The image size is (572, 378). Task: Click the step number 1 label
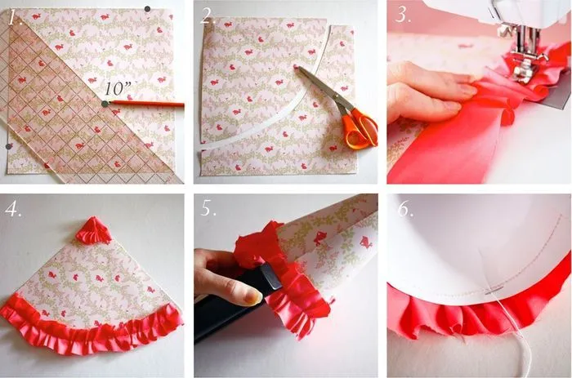[x=15, y=17]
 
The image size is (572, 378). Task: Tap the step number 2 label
[x=208, y=17]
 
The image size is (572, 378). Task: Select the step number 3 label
[x=402, y=16]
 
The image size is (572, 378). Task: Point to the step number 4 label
[x=12, y=209]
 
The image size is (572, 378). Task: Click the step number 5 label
[x=208, y=208]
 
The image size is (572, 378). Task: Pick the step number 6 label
[x=405, y=208]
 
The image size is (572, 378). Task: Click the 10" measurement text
[x=118, y=88]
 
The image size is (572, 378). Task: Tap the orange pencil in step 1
[x=145, y=104]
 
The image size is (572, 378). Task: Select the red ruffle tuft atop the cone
[x=93, y=230]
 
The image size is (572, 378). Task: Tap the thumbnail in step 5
[x=252, y=297]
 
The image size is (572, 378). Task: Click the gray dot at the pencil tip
[x=105, y=104]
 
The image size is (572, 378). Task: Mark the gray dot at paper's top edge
[x=147, y=9]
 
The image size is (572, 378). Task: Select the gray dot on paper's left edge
[x=9, y=146]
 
